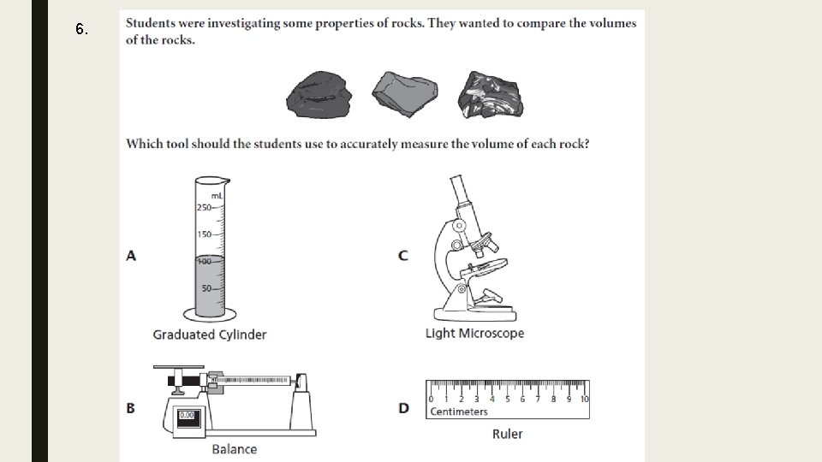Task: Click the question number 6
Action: pos(80,30)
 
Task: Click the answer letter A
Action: pos(131,255)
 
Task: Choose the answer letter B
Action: pos(131,408)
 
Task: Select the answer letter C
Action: pos(403,255)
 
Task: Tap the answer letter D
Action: pos(403,408)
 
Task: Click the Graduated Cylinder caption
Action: pos(210,335)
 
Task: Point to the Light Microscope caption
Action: pos(474,333)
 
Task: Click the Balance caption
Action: pos(234,448)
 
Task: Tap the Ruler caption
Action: pos(507,434)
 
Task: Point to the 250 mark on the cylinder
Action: pos(204,207)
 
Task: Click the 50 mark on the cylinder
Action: pos(206,287)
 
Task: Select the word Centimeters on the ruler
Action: pos(459,412)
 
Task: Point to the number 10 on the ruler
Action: pos(584,399)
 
